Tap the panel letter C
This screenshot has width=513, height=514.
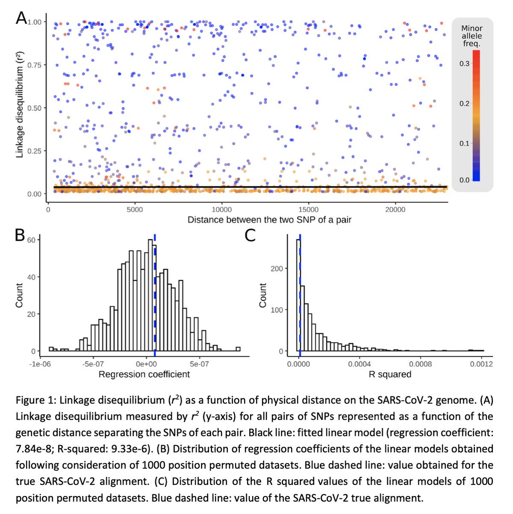(250, 235)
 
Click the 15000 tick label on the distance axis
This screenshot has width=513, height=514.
(308, 209)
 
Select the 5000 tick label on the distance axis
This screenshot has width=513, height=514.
(135, 209)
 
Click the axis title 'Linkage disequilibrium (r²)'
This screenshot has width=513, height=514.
(19, 105)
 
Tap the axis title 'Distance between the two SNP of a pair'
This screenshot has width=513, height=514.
(269, 220)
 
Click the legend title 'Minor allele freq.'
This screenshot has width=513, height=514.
(471, 36)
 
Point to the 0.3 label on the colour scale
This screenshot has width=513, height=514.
(465, 64)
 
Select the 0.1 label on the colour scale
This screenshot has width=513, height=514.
(465, 143)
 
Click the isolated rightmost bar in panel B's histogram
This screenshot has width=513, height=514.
(238, 349)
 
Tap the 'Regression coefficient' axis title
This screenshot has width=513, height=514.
(144, 374)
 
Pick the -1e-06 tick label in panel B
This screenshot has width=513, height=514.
(40, 364)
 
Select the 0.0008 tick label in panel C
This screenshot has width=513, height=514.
(420, 364)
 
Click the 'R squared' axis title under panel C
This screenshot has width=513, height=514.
(390, 374)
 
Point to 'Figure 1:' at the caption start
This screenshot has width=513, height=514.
(36, 400)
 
